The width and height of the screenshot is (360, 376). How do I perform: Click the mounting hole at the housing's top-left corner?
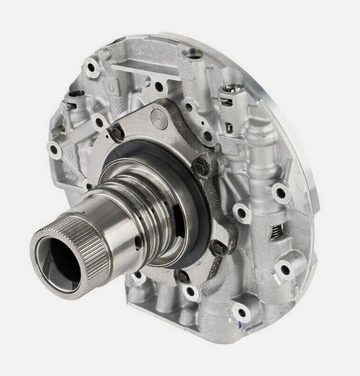91,61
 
